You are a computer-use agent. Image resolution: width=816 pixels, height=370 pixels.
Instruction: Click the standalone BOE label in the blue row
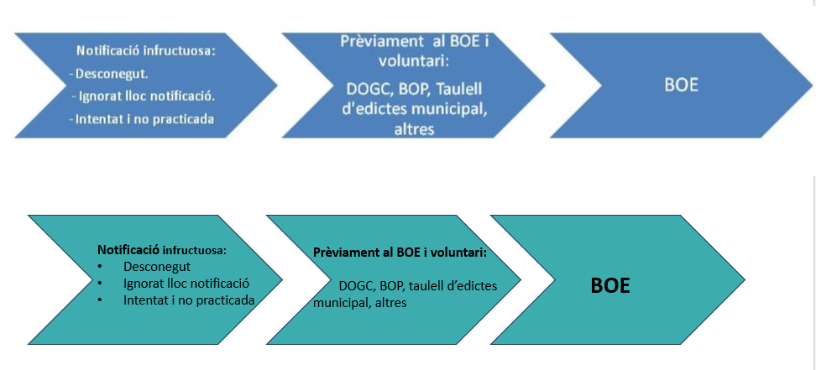click(x=681, y=86)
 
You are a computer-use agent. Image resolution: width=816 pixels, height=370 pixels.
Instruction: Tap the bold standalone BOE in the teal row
click(x=610, y=285)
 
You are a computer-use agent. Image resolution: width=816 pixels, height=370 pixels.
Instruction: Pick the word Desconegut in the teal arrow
click(x=156, y=267)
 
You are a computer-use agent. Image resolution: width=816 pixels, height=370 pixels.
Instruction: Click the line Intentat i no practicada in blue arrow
click(x=141, y=118)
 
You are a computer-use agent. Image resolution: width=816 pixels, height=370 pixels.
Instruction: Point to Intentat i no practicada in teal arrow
click(x=188, y=300)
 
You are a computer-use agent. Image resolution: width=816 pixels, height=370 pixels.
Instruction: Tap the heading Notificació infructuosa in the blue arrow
click(x=146, y=50)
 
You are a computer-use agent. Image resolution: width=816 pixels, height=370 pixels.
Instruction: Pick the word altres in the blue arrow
click(x=413, y=129)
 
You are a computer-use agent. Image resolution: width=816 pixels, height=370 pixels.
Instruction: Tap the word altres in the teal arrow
click(x=390, y=302)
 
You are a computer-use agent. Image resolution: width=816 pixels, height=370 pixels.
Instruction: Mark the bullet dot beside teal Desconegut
click(x=101, y=267)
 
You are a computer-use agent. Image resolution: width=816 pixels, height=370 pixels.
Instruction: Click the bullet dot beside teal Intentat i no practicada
click(x=101, y=300)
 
